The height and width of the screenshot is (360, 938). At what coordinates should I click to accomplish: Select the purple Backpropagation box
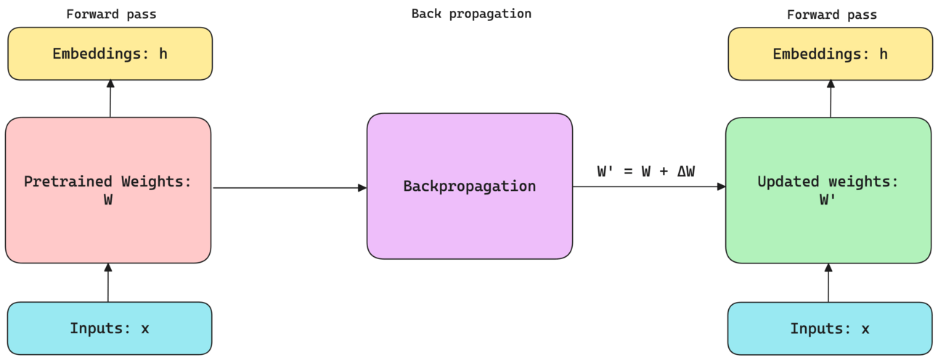tap(469, 186)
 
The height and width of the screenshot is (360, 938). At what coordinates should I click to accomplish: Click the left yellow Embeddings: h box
tap(110, 54)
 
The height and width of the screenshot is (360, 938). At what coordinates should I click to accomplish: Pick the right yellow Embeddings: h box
tap(830, 54)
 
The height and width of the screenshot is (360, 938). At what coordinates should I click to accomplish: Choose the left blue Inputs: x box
tap(110, 328)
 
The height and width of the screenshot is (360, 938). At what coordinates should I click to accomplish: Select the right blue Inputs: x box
tap(829, 328)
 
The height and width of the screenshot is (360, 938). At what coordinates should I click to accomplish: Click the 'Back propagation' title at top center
tap(471, 14)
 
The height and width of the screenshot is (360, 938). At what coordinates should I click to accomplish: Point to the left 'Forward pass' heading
tap(111, 15)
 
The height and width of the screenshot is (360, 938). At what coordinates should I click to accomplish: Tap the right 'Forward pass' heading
tap(831, 15)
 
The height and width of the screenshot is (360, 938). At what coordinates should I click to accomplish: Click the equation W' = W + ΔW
tap(645, 171)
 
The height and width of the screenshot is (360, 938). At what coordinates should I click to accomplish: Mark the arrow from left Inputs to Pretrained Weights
tap(108, 283)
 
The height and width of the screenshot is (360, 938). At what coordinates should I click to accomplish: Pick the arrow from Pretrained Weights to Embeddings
tap(110, 99)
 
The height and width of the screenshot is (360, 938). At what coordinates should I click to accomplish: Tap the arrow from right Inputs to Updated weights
tap(828, 283)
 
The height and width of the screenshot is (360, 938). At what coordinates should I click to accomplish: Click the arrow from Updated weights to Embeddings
tap(831, 99)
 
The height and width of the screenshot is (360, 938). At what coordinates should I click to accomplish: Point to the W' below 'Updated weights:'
tap(828, 200)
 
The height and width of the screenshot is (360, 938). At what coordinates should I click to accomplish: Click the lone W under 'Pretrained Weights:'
tap(108, 200)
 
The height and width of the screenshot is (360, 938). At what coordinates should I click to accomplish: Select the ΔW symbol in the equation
tap(685, 171)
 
